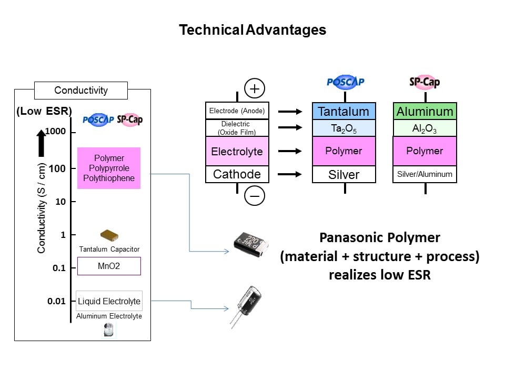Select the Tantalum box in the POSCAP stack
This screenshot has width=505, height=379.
(x=344, y=111)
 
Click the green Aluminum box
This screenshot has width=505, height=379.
(x=425, y=111)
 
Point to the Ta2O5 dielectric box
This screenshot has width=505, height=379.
(x=344, y=128)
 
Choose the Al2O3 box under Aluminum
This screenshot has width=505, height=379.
(x=425, y=128)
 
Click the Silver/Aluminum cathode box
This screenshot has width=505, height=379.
(x=425, y=174)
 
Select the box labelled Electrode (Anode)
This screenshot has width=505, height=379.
(x=237, y=111)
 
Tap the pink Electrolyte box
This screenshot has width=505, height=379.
(x=237, y=151)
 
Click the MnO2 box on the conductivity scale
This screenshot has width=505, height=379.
(x=109, y=266)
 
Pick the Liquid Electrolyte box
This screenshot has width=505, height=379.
(x=109, y=301)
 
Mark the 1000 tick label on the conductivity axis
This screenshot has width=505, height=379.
(x=55, y=131)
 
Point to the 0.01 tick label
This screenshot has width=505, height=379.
(x=56, y=301)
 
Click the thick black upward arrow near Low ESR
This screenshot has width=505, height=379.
(x=41, y=143)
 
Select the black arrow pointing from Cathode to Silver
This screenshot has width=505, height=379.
(x=289, y=174)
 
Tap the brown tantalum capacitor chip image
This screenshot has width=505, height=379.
(x=109, y=236)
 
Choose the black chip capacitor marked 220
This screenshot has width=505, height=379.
(x=251, y=244)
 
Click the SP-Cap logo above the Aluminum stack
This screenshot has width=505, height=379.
(x=425, y=82)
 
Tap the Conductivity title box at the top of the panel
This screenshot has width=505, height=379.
(x=81, y=90)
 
